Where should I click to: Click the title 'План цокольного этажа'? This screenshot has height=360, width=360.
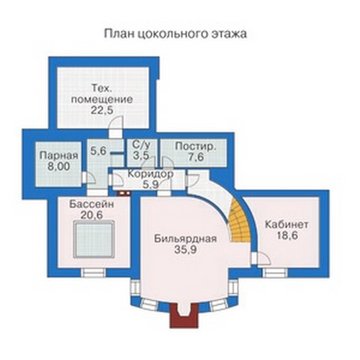tap(176, 34)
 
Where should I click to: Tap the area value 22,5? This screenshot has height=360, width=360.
tap(102, 110)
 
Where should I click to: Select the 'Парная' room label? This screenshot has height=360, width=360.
tap(59, 156)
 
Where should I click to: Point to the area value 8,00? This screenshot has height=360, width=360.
tap(58, 166)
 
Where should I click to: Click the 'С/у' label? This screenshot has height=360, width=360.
tap(141, 145)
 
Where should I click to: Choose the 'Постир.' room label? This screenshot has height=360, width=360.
tap(196, 146)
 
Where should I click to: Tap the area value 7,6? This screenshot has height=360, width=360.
tap(196, 157)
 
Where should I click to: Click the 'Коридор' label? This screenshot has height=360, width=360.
tap(150, 174)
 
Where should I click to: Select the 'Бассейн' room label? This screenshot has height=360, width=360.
tap(91, 204)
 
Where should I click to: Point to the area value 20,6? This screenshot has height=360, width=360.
tap(91, 215)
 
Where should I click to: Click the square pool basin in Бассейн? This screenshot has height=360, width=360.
tap(94, 239)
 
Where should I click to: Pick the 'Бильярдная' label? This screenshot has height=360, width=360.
tap(185, 239)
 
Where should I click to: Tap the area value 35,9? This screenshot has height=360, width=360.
tap(186, 250)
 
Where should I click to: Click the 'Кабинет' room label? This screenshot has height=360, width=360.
tap(287, 225)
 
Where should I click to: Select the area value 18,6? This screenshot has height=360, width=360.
tap(287, 235)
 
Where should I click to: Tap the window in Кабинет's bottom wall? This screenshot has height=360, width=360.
tap(275, 273)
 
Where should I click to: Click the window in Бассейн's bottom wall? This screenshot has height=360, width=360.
tap(93, 273)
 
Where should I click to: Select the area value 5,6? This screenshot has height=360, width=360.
tap(99, 151)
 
